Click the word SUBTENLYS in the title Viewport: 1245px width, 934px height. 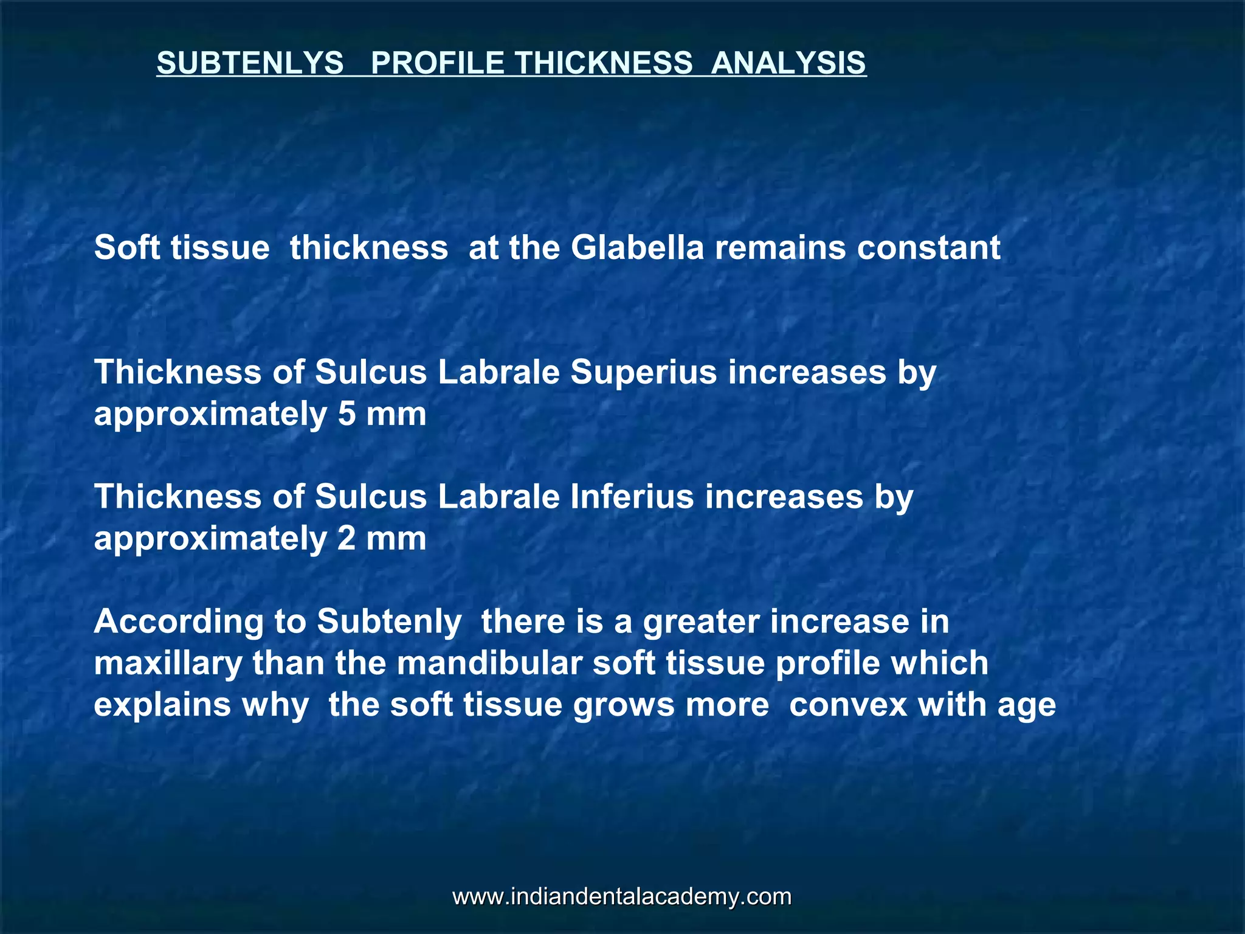click(x=250, y=63)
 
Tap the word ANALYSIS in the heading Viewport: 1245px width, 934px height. click(x=788, y=63)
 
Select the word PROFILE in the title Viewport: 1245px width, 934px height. click(x=437, y=63)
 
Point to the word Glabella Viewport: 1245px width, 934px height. click(x=637, y=247)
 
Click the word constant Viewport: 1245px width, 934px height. click(x=928, y=247)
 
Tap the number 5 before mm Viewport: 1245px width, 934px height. click(x=347, y=415)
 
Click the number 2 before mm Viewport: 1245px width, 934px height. click(x=347, y=539)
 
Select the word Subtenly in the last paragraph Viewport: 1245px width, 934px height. click(x=389, y=622)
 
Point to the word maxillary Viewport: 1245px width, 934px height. click(x=168, y=663)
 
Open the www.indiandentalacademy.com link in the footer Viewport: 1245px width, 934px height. click(x=622, y=897)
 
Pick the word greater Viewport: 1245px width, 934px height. click(x=701, y=622)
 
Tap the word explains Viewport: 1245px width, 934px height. click(x=162, y=705)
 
